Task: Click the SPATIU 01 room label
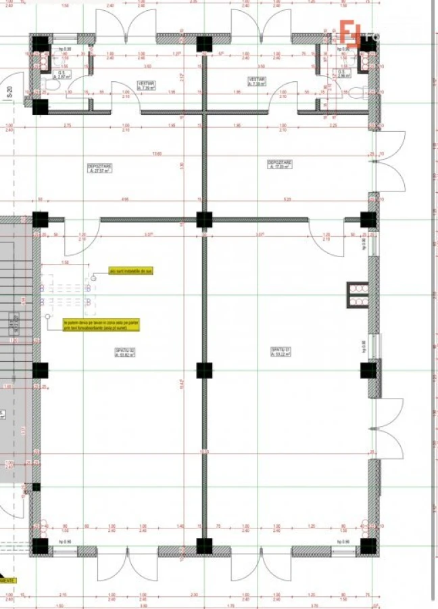point(281,352)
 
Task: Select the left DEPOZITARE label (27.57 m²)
point(99,168)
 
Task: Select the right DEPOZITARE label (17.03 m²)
point(279,166)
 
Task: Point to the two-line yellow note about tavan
point(101,325)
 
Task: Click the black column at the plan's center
point(204,370)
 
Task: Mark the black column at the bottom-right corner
point(368,545)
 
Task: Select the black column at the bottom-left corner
point(40,545)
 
